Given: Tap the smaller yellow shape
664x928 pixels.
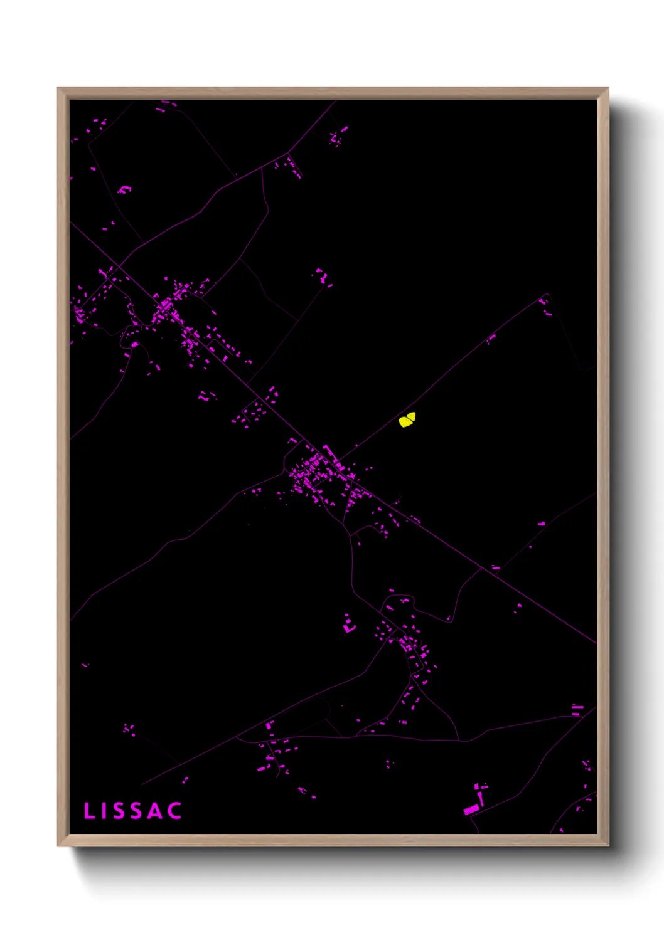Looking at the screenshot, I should pyautogui.click(x=412, y=416).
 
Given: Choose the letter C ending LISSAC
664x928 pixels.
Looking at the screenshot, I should pyautogui.click(x=176, y=811).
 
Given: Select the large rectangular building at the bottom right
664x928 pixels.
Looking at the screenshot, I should pyautogui.click(x=471, y=810).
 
